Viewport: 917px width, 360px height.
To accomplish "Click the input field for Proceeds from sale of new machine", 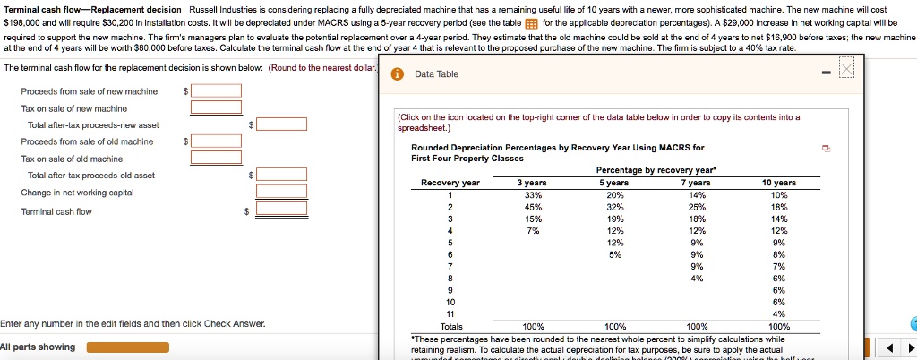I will [215, 90].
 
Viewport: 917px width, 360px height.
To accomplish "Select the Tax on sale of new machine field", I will [215, 107].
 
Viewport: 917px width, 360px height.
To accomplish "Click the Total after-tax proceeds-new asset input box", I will [281, 124].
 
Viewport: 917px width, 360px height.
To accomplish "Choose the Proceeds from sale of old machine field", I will [215, 141].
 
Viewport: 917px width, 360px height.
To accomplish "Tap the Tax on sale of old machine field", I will [215, 158].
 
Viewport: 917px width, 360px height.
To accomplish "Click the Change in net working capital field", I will [281, 192].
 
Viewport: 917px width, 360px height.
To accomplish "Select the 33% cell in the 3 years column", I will [531, 195].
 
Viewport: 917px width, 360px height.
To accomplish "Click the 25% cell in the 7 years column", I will [698, 207].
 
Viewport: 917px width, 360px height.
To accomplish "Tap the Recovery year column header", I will [450, 183].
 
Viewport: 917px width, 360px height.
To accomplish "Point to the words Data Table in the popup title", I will [436, 73].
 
